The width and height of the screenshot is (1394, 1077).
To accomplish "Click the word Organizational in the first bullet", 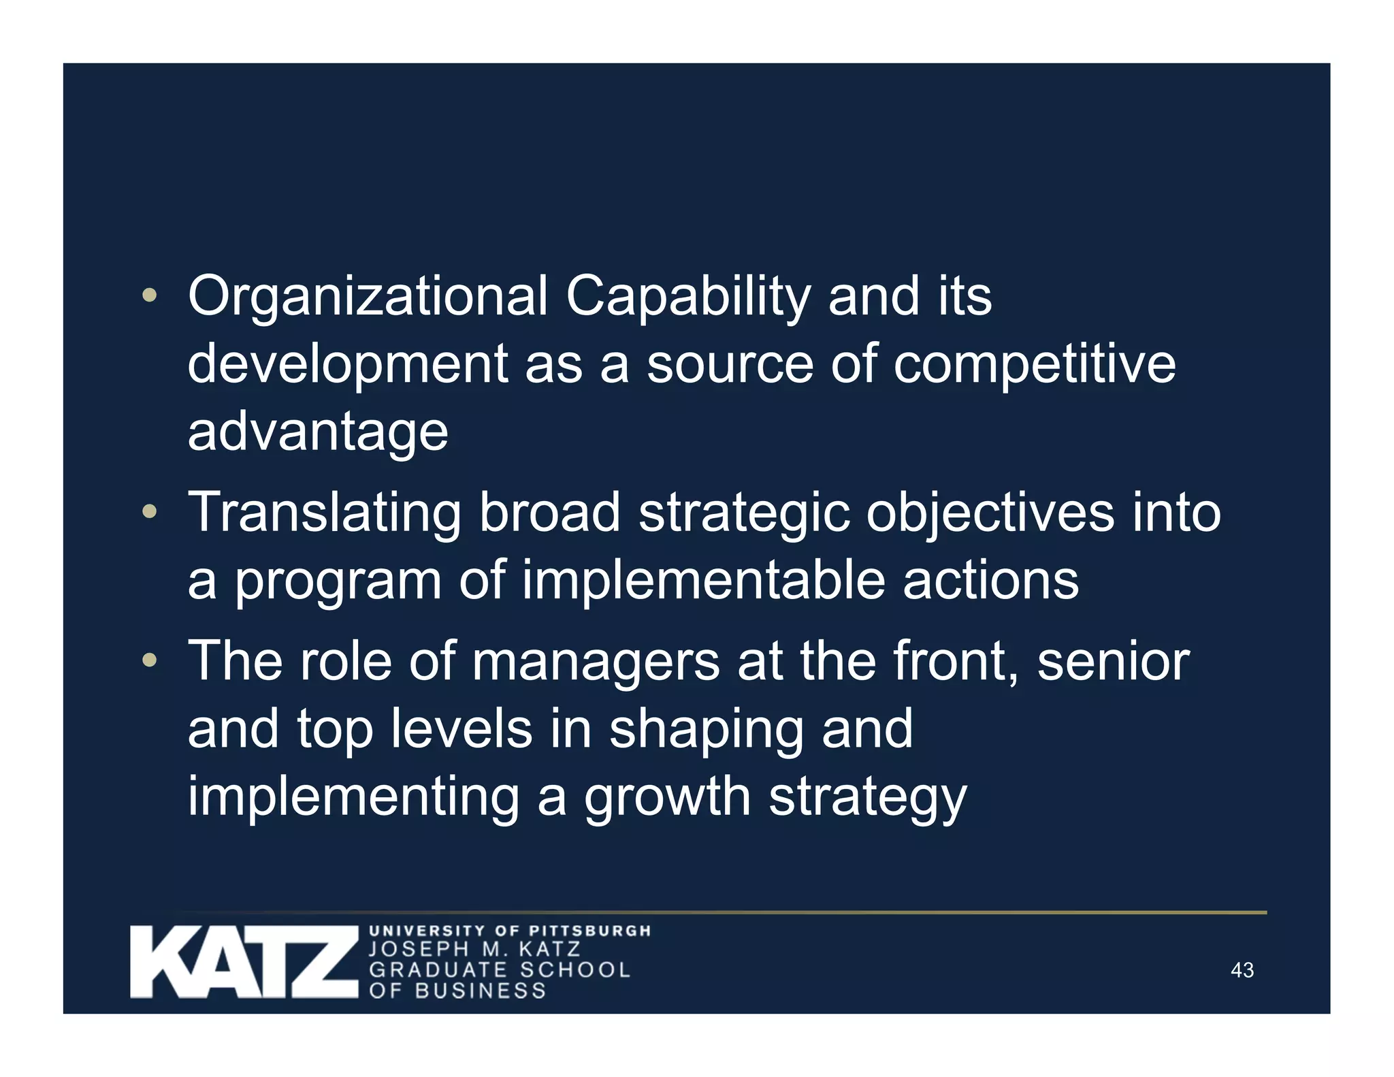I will tap(368, 297).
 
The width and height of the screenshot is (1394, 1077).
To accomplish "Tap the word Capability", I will tap(688, 297).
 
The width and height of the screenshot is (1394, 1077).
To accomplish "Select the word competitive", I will tap(1034, 364).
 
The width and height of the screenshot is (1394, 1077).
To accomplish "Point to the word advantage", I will tap(318, 432).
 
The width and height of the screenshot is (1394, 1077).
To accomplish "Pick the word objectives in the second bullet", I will tap(990, 513).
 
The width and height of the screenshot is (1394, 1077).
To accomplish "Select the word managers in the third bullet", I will tap(596, 661).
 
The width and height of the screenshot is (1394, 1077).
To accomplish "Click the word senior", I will tap(1113, 661).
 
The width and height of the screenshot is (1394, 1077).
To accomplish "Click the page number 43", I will tap(1242, 970).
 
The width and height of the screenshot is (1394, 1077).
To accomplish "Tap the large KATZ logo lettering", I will tap(244, 962).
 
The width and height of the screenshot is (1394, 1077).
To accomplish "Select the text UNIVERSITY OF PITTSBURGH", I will tap(510, 931).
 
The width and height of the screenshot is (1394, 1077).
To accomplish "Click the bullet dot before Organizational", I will tap(150, 296).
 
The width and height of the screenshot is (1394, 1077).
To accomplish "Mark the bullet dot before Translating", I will tap(150, 512).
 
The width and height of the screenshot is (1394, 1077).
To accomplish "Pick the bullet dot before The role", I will tap(150, 660).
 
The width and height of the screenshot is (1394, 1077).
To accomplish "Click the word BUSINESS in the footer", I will tap(481, 991).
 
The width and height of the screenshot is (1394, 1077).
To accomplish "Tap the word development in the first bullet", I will tap(347, 364).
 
